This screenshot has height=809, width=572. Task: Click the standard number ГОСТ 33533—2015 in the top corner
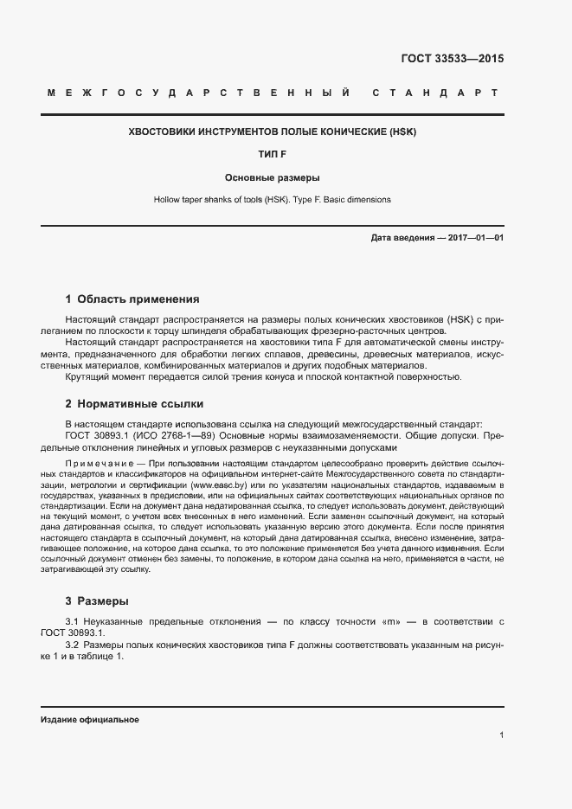(452, 59)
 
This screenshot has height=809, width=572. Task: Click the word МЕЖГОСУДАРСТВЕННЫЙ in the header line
(198, 92)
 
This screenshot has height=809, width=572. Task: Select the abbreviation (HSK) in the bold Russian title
(402, 133)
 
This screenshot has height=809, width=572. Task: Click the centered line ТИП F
(273, 156)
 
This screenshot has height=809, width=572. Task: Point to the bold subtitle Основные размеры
(273, 178)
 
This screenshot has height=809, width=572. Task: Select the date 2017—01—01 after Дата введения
(475, 237)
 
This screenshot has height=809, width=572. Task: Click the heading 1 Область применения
(132, 299)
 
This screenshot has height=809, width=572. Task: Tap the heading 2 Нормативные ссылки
(134, 403)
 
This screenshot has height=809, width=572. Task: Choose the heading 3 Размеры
(97, 600)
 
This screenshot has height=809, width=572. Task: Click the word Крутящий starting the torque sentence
(88, 376)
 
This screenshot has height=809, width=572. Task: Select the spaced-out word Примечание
(95, 465)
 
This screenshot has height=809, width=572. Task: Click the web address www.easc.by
(219, 487)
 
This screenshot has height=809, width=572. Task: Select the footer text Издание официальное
(89, 720)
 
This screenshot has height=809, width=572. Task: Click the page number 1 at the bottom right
(501, 735)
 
